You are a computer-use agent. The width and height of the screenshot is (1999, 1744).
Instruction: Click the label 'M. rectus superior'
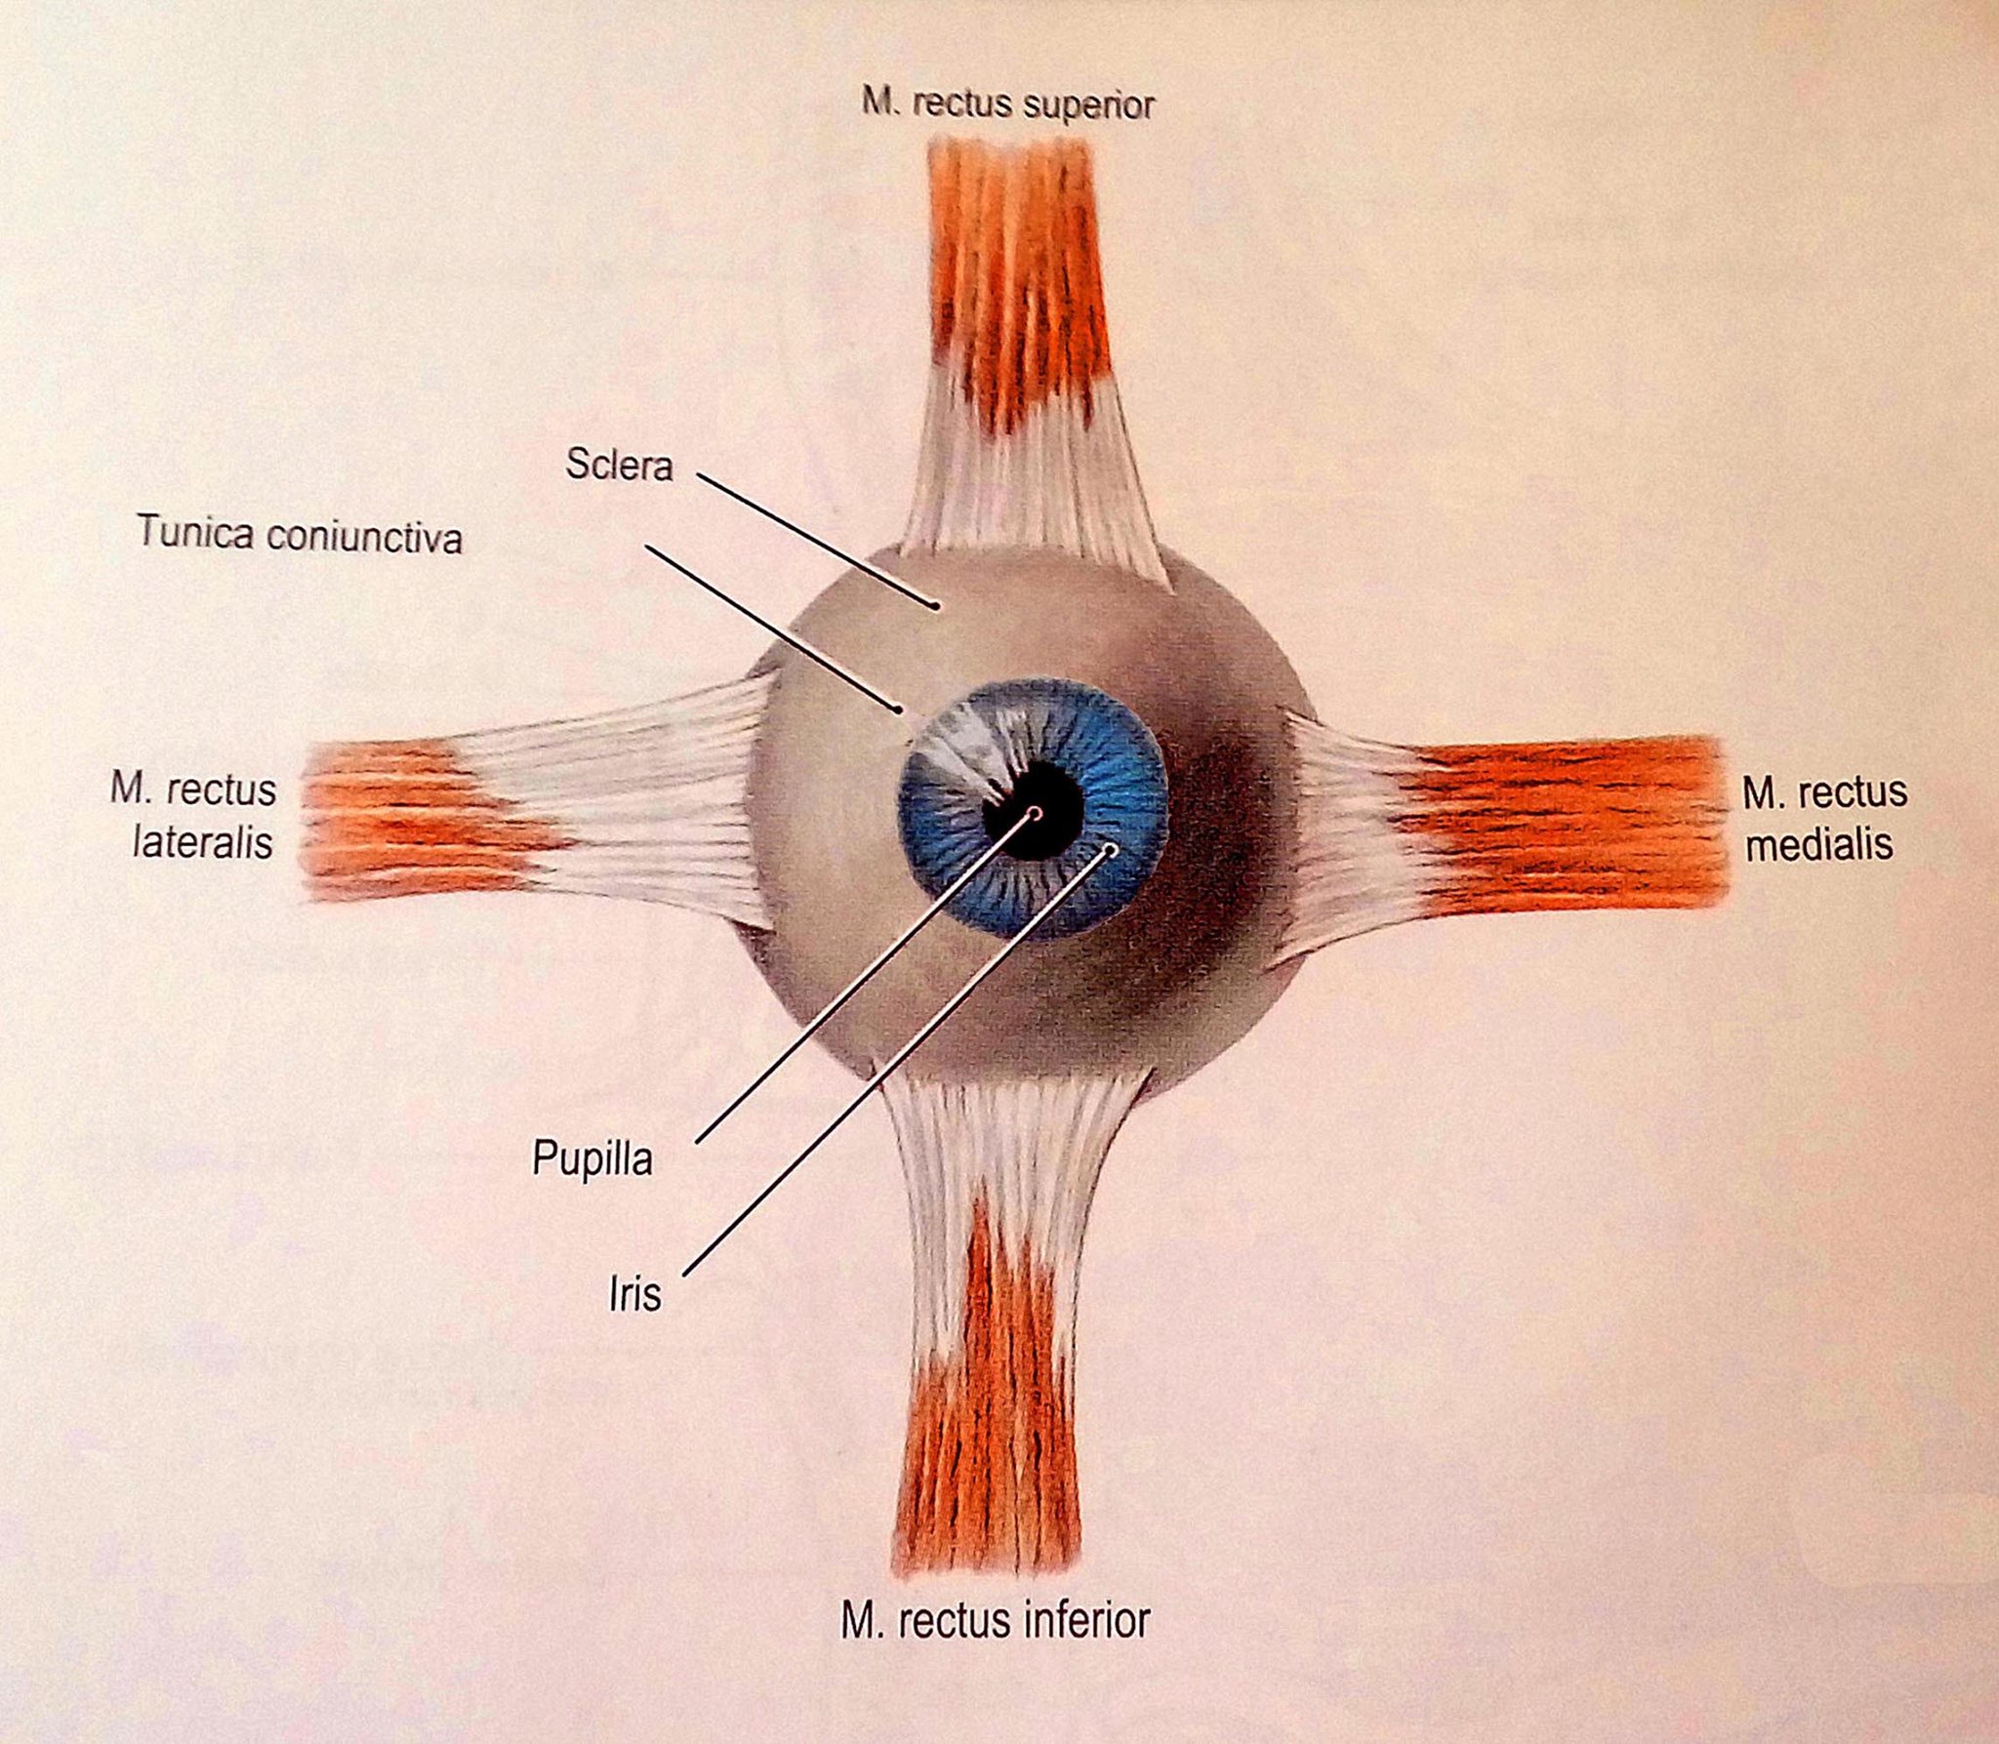[1007, 103]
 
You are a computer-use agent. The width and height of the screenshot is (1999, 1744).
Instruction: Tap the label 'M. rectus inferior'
[995, 1622]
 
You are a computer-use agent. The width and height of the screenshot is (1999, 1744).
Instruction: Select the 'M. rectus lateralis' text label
[194, 816]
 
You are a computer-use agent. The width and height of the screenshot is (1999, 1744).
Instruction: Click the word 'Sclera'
[619, 466]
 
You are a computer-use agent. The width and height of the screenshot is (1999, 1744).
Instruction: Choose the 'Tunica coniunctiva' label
[299, 535]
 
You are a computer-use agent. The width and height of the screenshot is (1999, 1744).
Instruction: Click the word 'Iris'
[634, 1294]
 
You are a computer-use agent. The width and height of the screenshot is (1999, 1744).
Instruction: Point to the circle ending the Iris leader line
[1110, 849]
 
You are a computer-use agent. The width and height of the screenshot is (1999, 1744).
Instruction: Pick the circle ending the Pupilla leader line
[1036, 812]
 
